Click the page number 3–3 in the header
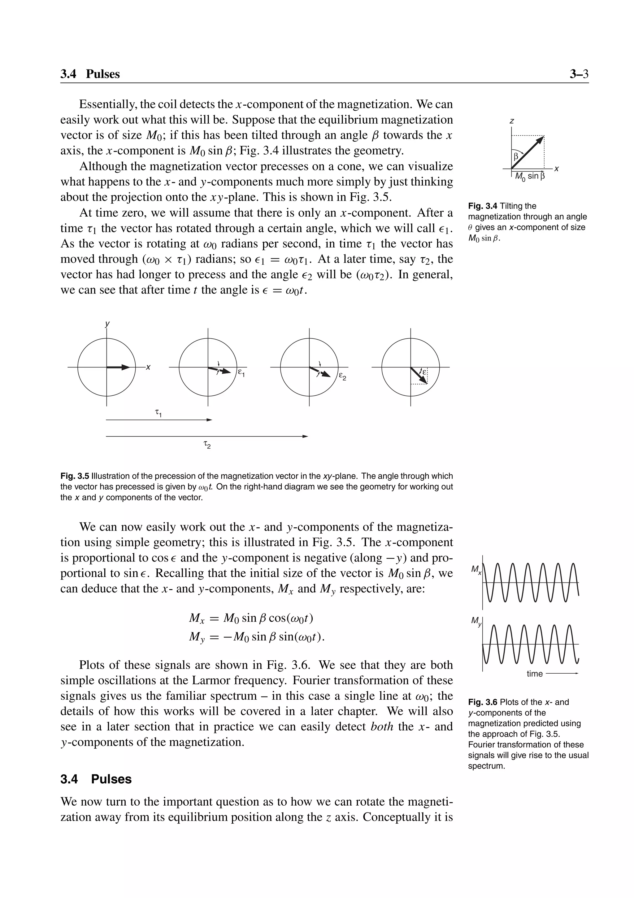[579, 74]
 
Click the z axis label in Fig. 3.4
[512, 121]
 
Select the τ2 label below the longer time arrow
[207, 445]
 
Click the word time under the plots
[534, 674]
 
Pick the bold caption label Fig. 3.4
[482, 206]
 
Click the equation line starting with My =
[257, 637]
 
